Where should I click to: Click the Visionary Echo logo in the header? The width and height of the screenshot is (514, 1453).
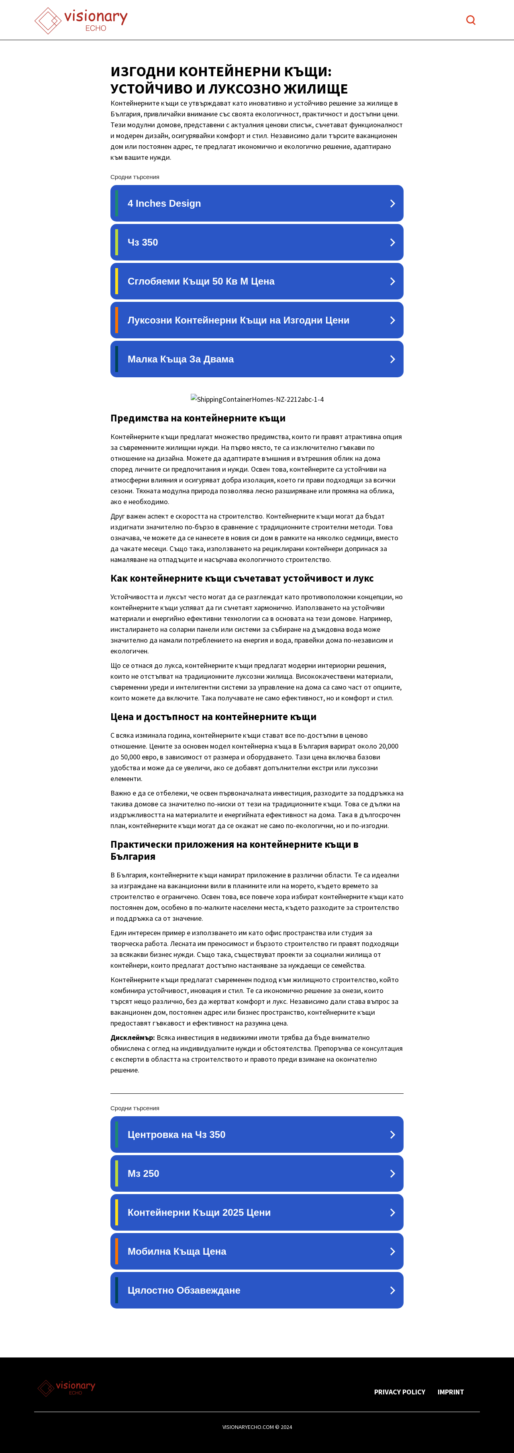click(x=81, y=20)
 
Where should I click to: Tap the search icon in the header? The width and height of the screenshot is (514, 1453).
click(x=471, y=20)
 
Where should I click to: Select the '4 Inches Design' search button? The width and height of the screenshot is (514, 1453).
click(x=257, y=204)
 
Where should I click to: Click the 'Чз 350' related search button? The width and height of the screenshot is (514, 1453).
click(x=257, y=242)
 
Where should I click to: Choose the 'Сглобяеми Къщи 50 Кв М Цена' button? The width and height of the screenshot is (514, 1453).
click(x=257, y=281)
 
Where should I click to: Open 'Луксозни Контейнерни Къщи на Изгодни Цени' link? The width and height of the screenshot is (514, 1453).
click(x=257, y=320)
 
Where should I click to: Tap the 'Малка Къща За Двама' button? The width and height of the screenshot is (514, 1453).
click(x=257, y=359)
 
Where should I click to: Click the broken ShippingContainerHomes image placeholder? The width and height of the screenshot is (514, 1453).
click(x=257, y=399)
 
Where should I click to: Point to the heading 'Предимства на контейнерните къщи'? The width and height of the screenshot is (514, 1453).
click(x=198, y=418)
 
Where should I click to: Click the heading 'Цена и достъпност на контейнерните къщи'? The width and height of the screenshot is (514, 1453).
click(x=213, y=717)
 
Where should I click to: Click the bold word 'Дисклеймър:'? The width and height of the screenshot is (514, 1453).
click(x=133, y=1038)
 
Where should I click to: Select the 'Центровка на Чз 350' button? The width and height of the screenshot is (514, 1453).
click(x=257, y=1134)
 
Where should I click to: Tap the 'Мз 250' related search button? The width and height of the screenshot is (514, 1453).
click(x=257, y=1173)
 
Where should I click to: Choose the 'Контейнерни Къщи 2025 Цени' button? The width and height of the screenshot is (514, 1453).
click(x=257, y=1212)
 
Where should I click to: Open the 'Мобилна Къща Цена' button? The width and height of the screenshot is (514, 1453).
click(x=257, y=1251)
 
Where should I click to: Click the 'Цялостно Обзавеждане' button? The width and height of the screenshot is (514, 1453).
click(x=257, y=1290)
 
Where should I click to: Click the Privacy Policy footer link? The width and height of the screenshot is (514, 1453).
click(x=400, y=1392)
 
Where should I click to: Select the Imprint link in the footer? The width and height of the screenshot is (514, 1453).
click(x=450, y=1392)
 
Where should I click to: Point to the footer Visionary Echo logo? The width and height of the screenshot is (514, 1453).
click(x=67, y=1388)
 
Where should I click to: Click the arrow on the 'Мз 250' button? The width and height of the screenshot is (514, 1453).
click(x=392, y=1173)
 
